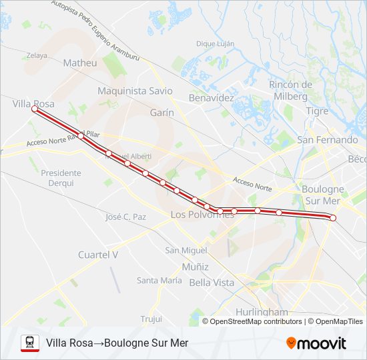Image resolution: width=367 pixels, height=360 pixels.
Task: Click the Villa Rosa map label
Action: click(33, 104)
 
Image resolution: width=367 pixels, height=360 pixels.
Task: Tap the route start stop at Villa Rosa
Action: click(34, 109)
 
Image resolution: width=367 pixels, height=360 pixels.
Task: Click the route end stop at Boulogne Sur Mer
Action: click(333, 218)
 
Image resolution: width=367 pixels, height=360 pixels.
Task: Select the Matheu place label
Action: click(79, 63)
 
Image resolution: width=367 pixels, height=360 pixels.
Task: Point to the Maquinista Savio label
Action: click(135, 91)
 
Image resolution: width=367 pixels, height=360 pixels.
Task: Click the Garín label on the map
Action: click(161, 113)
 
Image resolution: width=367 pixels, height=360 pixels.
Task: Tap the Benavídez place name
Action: click(212, 97)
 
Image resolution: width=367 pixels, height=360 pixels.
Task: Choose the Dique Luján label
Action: click(216, 43)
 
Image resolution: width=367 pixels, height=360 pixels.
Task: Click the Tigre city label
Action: click(317, 111)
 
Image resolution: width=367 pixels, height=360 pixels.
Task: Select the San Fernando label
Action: click(327, 140)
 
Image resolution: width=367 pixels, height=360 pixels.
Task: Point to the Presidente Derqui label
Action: click(61, 177)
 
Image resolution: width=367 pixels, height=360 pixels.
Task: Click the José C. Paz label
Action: click(125, 217)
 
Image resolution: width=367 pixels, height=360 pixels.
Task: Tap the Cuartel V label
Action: click(98, 254)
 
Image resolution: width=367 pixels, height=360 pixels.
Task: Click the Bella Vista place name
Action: click(212, 283)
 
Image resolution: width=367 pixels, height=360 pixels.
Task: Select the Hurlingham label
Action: click(262, 312)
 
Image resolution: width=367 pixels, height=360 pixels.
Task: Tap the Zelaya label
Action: click(37, 55)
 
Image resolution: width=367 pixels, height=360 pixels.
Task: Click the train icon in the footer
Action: click(29, 343)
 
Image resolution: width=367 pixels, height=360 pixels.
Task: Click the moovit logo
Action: click(316, 343)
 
